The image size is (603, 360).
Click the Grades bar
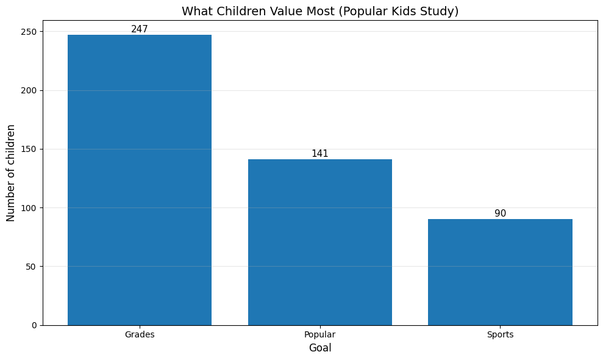pyautogui.click(x=140, y=180)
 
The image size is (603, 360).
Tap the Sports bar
pyautogui.click(x=500, y=272)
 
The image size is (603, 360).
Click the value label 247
pyautogui.click(x=140, y=29)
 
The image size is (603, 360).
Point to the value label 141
pyautogui.click(x=319, y=154)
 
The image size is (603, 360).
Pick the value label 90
pyautogui.click(x=500, y=214)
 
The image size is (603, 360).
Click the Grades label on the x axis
pyautogui.click(x=140, y=335)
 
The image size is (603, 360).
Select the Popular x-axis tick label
pyautogui.click(x=319, y=335)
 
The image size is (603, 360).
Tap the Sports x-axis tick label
pyautogui.click(x=500, y=335)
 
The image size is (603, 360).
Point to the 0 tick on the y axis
pyautogui.click(x=34, y=325)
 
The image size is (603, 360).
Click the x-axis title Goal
pyautogui.click(x=319, y=348)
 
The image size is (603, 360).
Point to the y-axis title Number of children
pyautogui.click(x=11, y=173)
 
